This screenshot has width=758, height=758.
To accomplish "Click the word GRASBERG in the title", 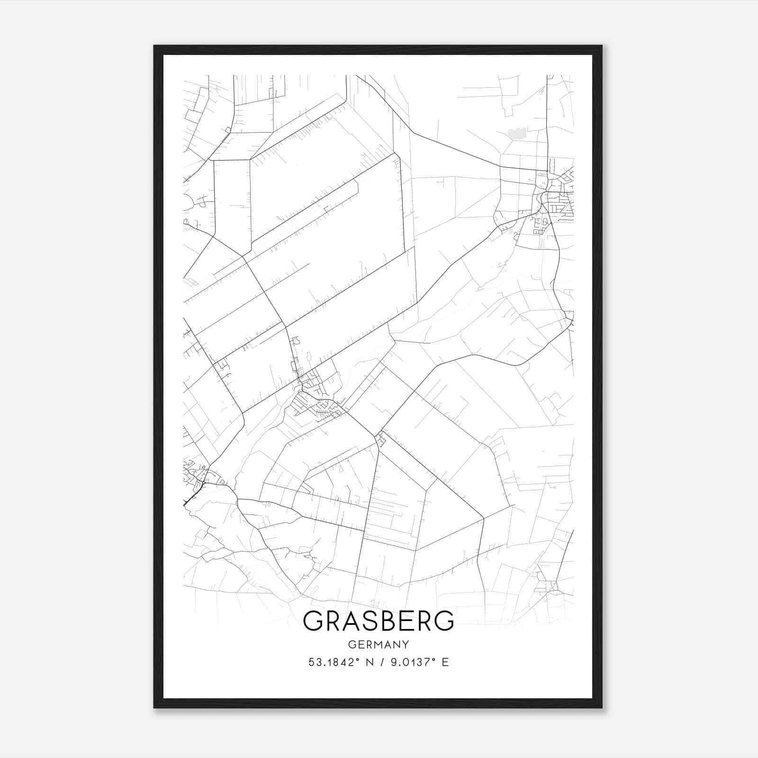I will pyautogui.click(x=379, y=621).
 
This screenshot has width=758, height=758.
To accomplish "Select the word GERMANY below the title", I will pyautogui.click(x=379, y=645).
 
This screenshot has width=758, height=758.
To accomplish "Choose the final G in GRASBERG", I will pyautogui.click(x=444, y=621).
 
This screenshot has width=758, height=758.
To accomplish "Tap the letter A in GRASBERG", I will pyautogui.click(x=349, y=621).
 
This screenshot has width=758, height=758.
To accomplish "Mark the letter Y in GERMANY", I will pyautogui.click(x=406, y=645).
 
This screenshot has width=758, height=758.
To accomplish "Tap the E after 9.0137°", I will pyautogui.click(x=445, y=662).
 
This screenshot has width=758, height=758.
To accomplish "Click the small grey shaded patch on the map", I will pyautogui.click(x=517, y=133).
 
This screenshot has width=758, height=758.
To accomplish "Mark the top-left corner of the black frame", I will pyautogui.click(x=154, y=46).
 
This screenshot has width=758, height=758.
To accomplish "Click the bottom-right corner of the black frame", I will pyautogui.click(x=602, y=708).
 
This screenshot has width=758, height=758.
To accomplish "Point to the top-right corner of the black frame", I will pyautogui.click(x=602, y=46).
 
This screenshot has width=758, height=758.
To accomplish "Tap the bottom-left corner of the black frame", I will pyautogui.click(x=154, y=708).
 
